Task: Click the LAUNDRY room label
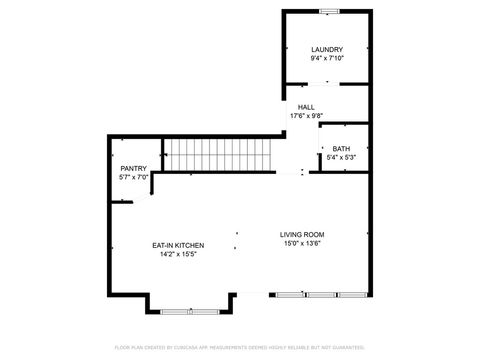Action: coord(327,50)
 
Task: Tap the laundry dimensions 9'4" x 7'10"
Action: coord(327,59)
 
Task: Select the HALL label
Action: coord(306,107)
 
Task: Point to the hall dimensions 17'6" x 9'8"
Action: coord(306,116)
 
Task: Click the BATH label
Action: coord(341,149)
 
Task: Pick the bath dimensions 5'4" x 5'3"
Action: coord(341,158)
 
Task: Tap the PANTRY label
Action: coord(133,169)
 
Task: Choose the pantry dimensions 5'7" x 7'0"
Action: coord(133,178)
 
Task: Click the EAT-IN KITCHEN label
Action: coord(178,245)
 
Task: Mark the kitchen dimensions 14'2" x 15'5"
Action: coord(178,254)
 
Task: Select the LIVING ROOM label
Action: coord(301,235)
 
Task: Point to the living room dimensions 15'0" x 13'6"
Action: coord(301,244)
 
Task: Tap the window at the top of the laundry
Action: coord(327,11)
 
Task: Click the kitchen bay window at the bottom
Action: coord(190,311)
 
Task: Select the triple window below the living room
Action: coord(321,295)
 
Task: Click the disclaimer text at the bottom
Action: coord(239,347)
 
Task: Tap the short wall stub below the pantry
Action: coord(122,202)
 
